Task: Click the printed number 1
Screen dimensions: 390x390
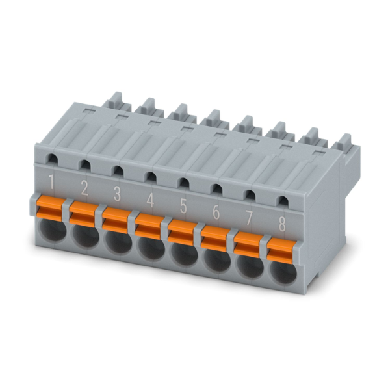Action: pyautogui.click(x=51, y=182)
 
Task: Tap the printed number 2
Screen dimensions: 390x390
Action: pyautogui.click(x=84, y=188)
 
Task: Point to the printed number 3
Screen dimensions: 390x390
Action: pyautogui.click(x=117, y=194)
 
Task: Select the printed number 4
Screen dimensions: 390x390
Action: pyautogui.click(x=150, y=200)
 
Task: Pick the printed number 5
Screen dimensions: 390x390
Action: pyautogui.click(x=183, y=207)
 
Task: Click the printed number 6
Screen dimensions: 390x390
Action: pyautogui.click(x=216, y=213)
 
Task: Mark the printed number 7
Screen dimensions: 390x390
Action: pyautogui.click(x=249, y=219)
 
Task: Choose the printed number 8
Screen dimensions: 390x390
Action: pyautogui.click(x=282, y=225)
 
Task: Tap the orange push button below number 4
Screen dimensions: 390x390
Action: pyautogui.click(x=149, y=227)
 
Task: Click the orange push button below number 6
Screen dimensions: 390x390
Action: pyautogui.click(x=214, y=239)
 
